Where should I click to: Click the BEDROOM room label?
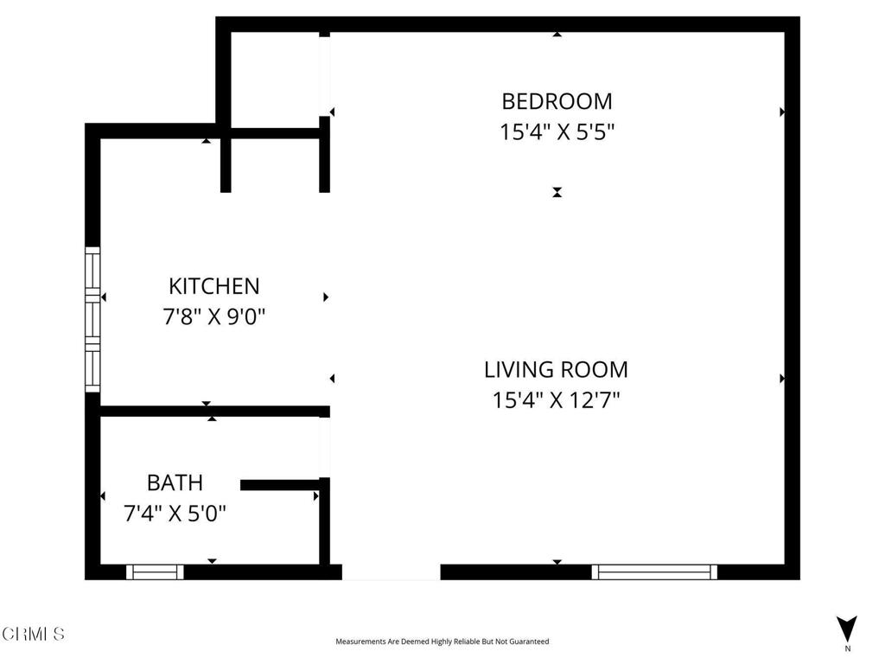[x=557, y=102]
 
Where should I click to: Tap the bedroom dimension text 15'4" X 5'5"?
[x=557, y=132]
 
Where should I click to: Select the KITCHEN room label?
[x=214, y=286]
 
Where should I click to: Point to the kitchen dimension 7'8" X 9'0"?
[x=214, y=316]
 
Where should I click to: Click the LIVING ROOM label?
[x=556, y=370]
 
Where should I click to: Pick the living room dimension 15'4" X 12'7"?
[x=556, y=400]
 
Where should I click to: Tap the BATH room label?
[x=175, y=482]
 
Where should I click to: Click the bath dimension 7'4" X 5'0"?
[x=175, y=514]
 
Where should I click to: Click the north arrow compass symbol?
[x=847, y=628]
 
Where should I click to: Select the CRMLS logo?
[x=34, y=634]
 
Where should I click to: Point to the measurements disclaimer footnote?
[x=442, y=642]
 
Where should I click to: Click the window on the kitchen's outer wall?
[x=92, y=320]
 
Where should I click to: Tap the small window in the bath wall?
[x=155, y=572]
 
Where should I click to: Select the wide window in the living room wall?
[x=655, y=572]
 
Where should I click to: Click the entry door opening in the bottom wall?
[x=392, y=572]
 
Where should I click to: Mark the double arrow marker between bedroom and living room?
[x=557, y=193]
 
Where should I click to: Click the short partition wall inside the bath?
[x=281, y=485]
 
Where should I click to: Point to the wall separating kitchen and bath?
[x=214, y=412]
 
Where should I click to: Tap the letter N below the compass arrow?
[x=847, y=648]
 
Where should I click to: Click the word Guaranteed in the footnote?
[x=531, y=642]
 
